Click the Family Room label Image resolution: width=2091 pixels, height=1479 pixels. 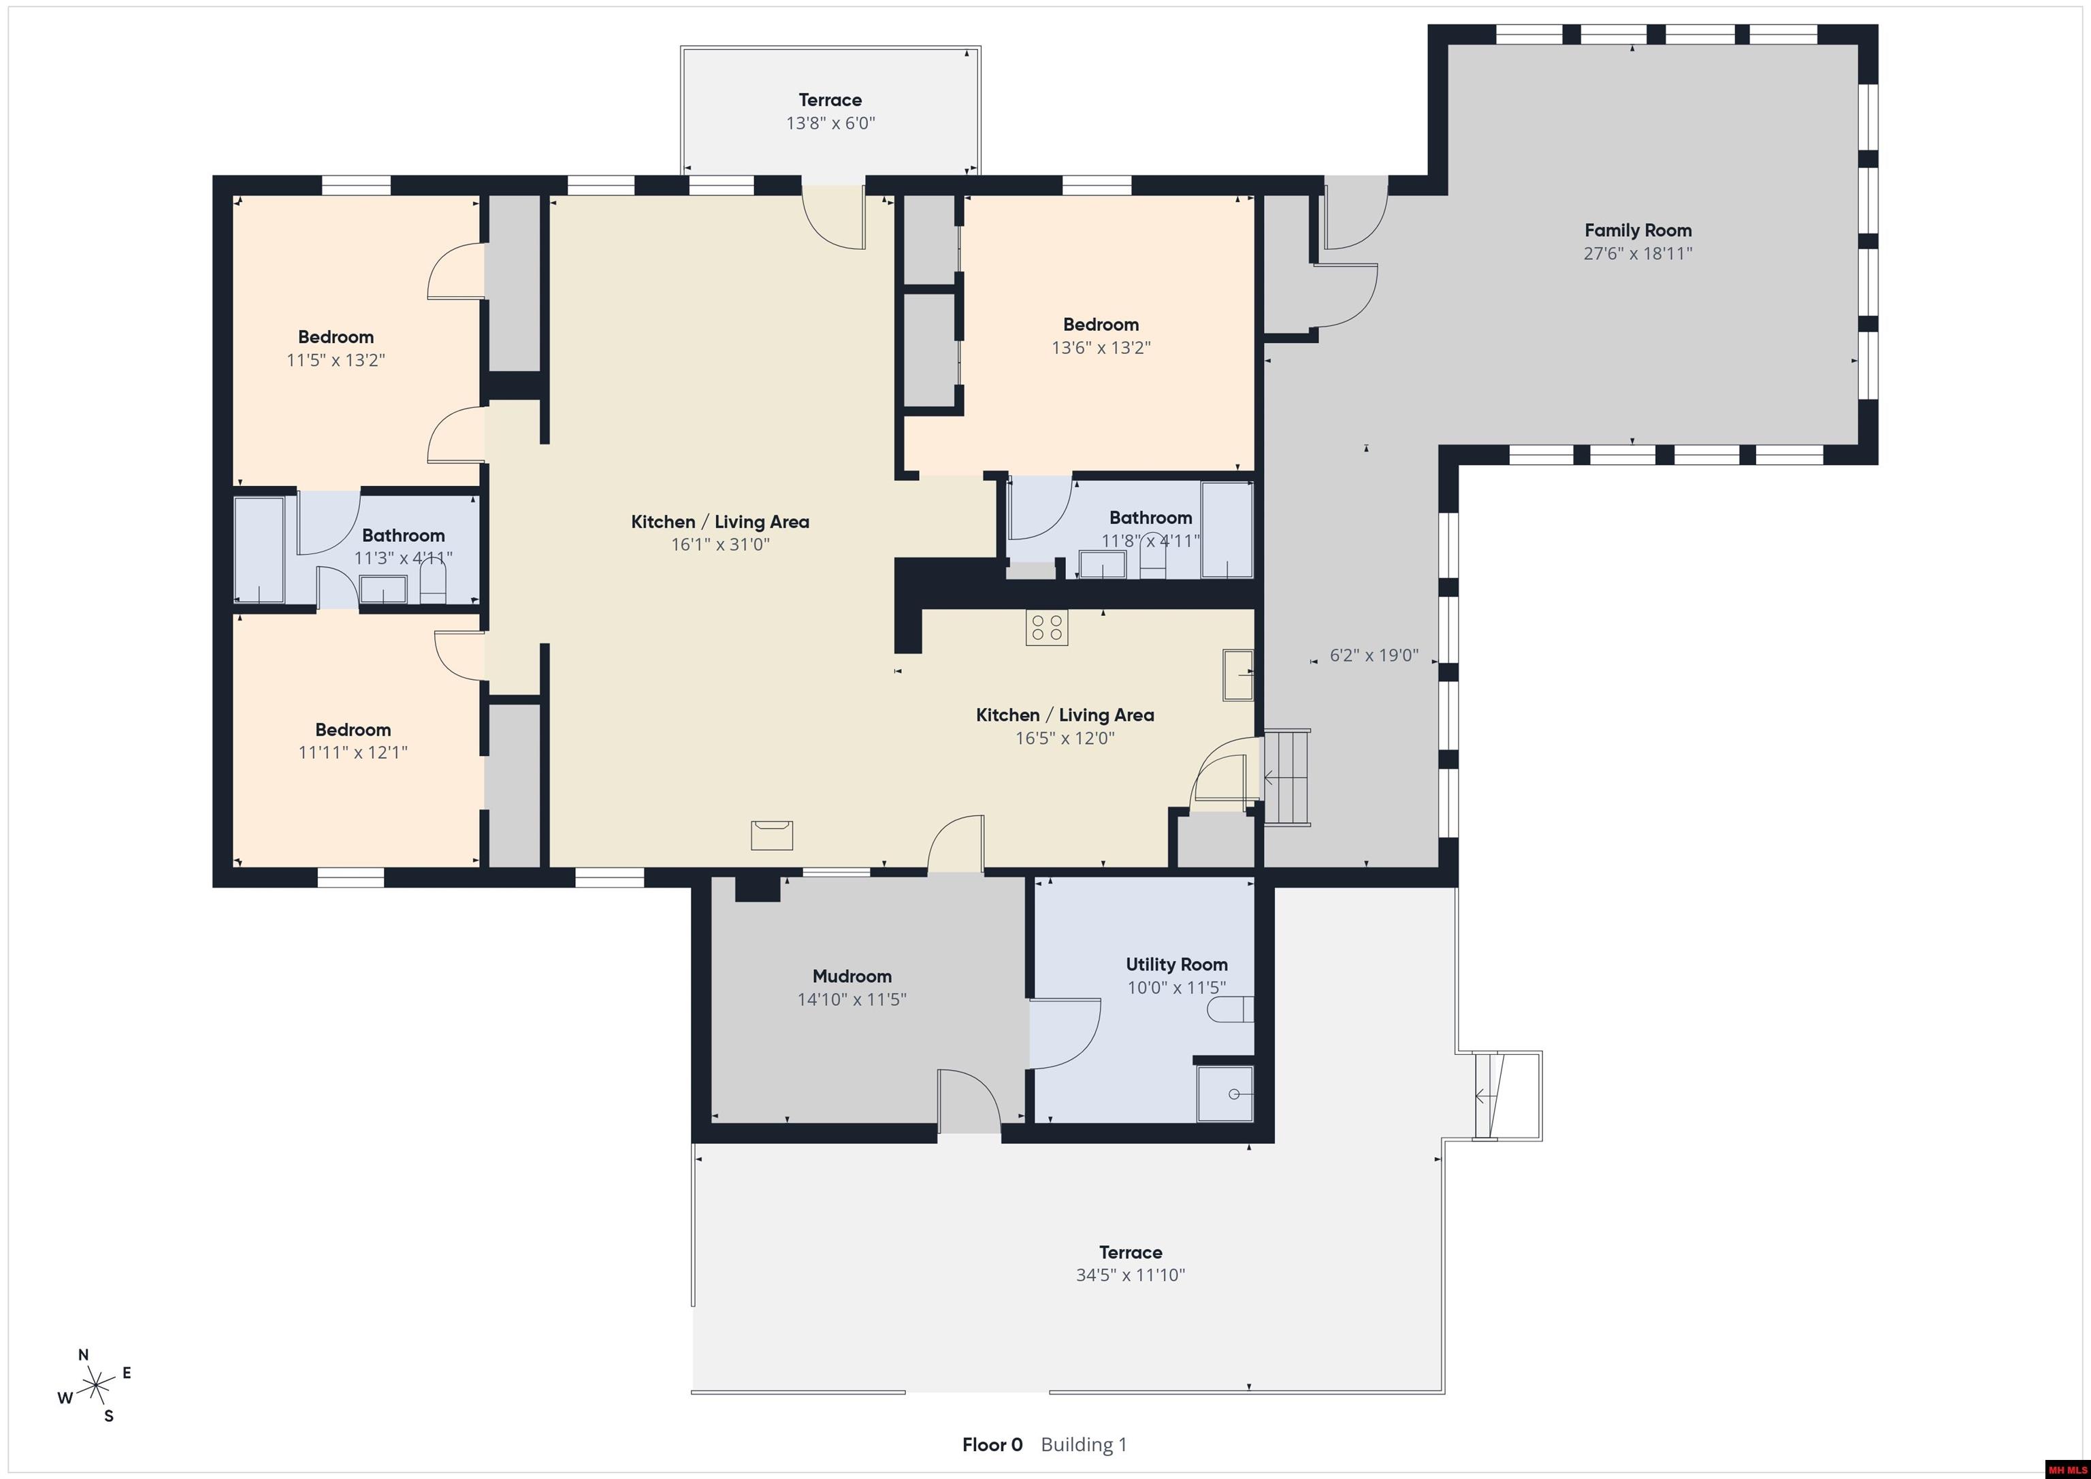click(x=1638, y=231)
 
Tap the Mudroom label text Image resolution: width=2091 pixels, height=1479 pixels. click(x=852, y=976)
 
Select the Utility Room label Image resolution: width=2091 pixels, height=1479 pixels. click(x=1177, y=964)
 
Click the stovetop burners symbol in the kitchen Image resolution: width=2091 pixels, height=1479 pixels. click(x=1046, y=628)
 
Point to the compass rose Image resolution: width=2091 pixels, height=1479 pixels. click(x=95, y=1387)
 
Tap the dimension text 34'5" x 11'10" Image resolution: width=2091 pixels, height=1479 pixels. click(x=1130, y=1275)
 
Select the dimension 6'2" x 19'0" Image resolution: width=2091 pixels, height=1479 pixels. click(x=1374, y=655)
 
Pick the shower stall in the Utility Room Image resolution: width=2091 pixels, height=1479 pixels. click(x=1225, y=1093)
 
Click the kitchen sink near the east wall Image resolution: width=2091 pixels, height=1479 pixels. click(x=1237, y=674)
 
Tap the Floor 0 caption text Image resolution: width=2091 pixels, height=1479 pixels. click(x=992, y=1444)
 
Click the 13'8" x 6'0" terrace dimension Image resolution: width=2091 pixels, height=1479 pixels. click(x=830, y=123)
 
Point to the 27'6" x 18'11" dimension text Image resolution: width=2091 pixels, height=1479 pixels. click(x=1638, y=253)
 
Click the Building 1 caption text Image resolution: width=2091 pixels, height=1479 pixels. click(x=1084, y=1444)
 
